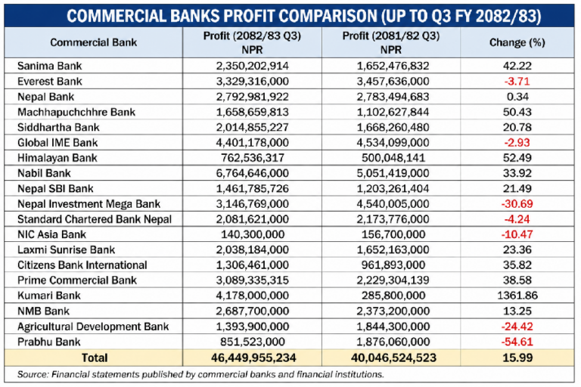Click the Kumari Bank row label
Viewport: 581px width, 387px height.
tap(48, 295)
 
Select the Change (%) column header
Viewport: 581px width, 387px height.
tap(517, 43)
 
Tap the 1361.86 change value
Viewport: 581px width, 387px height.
tap(517, 295)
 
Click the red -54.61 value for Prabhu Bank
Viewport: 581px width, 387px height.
tap(517, 341)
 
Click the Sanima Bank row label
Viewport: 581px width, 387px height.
tap(49, 66)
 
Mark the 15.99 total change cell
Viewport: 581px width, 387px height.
tap(517, 357)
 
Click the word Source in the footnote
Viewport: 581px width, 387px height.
tap(34, 374)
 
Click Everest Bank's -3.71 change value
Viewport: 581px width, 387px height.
tap(517, 81)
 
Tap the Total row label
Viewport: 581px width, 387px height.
tap(95, 357)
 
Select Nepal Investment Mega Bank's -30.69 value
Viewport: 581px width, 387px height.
tap(517, 203)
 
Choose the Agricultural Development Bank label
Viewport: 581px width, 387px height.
tap(93, 326)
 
